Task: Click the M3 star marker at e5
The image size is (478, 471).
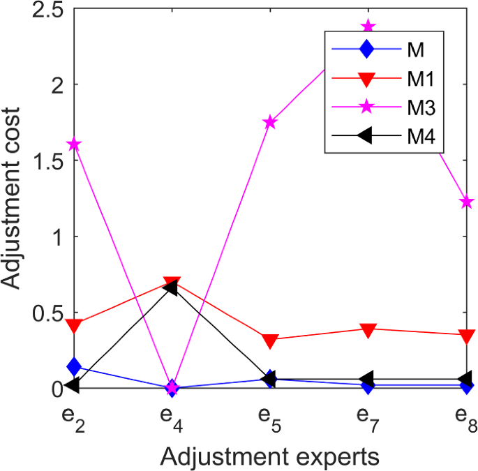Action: (x=270, y=122)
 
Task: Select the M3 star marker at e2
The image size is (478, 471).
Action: (x=73, y=144)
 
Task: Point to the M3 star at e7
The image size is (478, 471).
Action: (x=368, y=27)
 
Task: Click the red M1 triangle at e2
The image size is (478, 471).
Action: (x=73, y=326)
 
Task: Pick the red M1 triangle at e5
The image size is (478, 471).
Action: (x=270, y=341)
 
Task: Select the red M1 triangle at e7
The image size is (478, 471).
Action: (x=368, y=330)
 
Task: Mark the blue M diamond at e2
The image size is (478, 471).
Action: (x=73, y=366)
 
